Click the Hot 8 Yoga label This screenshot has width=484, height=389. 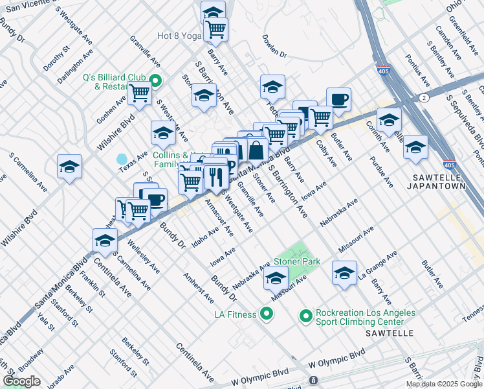[180, 36]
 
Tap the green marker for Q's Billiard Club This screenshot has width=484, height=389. [155, 81]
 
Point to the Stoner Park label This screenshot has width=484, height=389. [297, 261]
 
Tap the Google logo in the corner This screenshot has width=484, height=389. [22, 381]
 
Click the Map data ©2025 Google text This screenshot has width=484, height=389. [444, 384]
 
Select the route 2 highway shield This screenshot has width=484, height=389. [423, 97]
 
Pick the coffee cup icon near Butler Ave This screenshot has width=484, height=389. [338, 99]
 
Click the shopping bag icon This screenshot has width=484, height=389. [256, 150]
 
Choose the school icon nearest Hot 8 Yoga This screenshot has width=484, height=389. [213, 12]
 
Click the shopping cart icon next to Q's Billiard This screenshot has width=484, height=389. [139, 93]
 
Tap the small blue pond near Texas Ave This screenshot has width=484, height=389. [122, 159]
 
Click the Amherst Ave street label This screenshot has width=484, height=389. [198, 288]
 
